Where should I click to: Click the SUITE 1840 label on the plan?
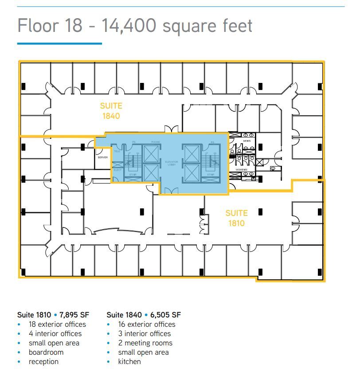tap(111, 111)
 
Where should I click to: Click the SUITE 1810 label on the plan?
tap(236, 218)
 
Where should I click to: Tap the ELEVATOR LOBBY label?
tap(171, 163)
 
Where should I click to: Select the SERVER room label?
tap(102, 157)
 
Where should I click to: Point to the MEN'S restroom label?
tap(247, 141)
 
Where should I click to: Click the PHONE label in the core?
tap(155, 142)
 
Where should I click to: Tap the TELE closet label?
tap(117, 151)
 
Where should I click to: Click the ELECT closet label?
tap(117, 170)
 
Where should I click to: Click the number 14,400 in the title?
tap(129, 25)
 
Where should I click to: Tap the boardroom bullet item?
tap(46, 352)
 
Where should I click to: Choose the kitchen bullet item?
tap(129, 361)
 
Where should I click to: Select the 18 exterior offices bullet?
tap(57, 324)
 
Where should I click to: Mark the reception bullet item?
tap(43, 361)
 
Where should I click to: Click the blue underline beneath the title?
tap(59, 43)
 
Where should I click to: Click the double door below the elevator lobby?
tap(169, 191)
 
